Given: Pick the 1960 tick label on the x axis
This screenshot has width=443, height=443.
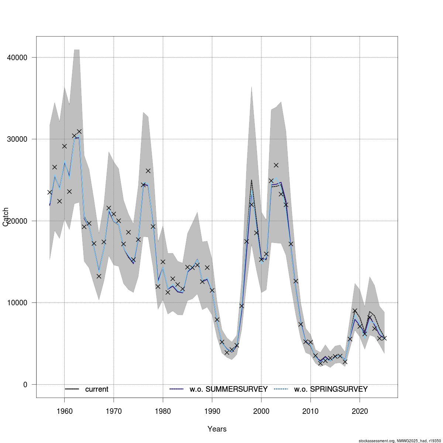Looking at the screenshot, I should click(65, 411).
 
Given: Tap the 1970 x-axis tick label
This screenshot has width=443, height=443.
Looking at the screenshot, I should click(114, 411).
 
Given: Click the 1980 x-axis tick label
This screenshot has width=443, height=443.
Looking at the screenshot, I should click(163, 411).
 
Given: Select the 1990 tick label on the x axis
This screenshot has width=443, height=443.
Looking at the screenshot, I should click(212, 411).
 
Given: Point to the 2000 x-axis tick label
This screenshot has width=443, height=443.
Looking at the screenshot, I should click(261, 411).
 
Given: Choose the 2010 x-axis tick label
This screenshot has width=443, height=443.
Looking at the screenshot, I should click(310, 411).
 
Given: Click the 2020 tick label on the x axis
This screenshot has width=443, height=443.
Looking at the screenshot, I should click(360, 411).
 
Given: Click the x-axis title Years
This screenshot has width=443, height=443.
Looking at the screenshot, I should click(217, 429).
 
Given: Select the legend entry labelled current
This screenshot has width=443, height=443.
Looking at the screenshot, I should click(97, 389).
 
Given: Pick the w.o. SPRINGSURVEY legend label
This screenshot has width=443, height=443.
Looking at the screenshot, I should click(331, 389).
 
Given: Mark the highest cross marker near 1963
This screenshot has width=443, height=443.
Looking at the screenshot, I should click(79, 131).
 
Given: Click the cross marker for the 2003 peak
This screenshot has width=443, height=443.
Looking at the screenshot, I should click(276, 165).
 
